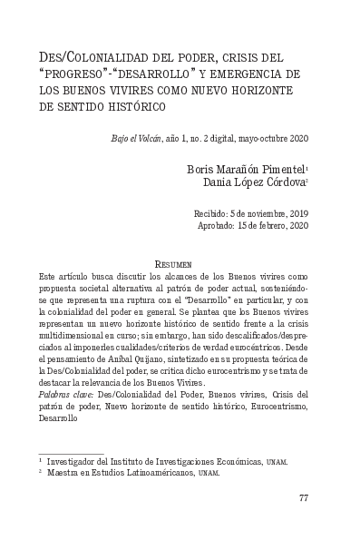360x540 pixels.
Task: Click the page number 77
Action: (x=305, y=497)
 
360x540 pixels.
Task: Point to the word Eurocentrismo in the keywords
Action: (x=279, y=407)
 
